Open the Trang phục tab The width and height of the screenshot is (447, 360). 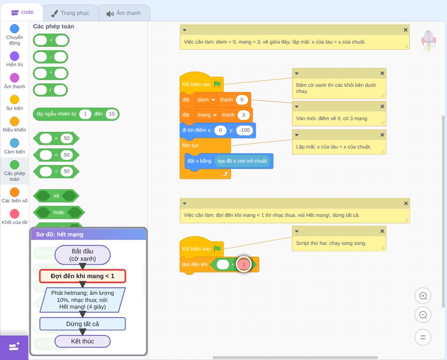click(70, 13)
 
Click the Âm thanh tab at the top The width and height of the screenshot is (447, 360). click(124, 13)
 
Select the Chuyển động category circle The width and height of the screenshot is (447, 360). click(15, 29)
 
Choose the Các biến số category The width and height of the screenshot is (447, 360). click(15, 192)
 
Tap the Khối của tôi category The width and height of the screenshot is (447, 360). click(15, 213)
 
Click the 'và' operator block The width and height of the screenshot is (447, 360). click(56, 196)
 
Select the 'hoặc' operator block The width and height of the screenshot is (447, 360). click(59, 212)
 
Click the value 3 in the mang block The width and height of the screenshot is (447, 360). click(244, 115)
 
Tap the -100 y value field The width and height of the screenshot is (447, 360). click(245, 130)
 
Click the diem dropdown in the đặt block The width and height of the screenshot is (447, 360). click(206, 100)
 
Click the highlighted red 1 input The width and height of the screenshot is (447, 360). click(244, 264)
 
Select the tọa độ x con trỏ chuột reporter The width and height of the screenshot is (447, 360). click(242, 161)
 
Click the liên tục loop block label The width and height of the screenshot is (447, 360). click(190, 145)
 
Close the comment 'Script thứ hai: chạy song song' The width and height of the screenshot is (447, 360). click(382, 231)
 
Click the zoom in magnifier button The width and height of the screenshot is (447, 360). click(423, 296)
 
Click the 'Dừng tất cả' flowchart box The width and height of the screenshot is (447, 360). click(82, 324)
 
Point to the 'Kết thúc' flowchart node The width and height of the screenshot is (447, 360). click(82, 341)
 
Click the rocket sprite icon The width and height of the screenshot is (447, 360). click(429, 41)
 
